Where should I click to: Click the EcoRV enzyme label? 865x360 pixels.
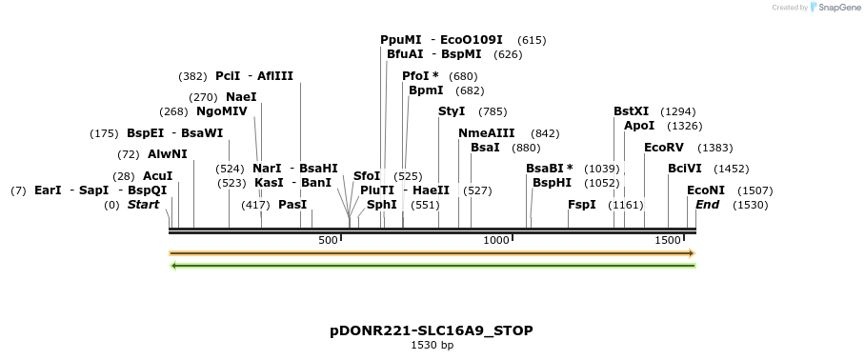[x=664, y=148]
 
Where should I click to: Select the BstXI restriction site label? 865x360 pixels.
[x=631, y=111]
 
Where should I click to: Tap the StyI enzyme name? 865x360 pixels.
[x=452, y=111]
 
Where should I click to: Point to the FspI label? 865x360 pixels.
[x=581, y=205]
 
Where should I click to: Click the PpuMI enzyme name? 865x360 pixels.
[x=400, y=40]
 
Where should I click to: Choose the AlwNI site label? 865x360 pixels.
[x=168, y=154]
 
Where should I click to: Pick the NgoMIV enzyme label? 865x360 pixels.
[x=221, y=111]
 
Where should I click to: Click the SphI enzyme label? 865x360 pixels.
[x=381, y=205]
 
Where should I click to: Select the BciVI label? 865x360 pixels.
[x=684, y=169]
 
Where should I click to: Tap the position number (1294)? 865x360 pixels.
[x=678, y=111]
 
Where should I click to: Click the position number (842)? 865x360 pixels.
[x=545, y=133]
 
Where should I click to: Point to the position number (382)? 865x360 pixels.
[x=192, y=76]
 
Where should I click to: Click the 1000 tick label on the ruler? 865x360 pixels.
[x=496, y=241]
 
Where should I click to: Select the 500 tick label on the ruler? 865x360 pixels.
[x=328, y=241]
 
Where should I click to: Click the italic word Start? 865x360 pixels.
[x=143, y=205]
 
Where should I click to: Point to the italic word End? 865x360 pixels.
[x=707, y=205]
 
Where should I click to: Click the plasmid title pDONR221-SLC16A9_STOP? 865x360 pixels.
[x=432, y=330]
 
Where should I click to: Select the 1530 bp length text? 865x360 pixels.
[x=432, y=345]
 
